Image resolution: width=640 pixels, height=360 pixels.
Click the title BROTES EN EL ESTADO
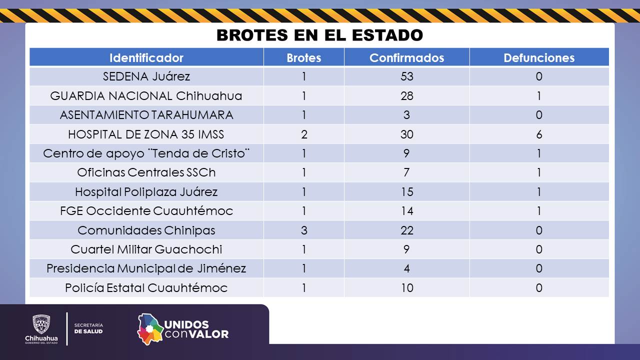(x=319, y=35)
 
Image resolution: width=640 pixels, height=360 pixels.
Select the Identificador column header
(x=146, y=57)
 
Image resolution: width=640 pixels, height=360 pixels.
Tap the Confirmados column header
(x=406, y=57)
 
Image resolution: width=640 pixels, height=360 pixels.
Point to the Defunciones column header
(x=539, y=57)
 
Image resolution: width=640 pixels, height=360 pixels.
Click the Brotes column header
(x=303, y=57)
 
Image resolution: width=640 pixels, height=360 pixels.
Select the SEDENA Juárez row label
(x=146, y=76)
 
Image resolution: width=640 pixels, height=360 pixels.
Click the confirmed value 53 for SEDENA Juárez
(x=406, y=76)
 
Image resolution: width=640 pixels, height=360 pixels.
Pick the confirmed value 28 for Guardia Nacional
(x=406, y=96)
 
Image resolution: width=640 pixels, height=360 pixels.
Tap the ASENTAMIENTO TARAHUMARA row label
(x=146, y=115)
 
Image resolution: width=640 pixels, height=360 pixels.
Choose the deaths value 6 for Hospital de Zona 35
(x=539, y=134)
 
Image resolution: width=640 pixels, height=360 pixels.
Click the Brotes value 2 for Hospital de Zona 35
(x=304, y=134)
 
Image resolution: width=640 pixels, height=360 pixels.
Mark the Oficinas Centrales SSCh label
(x=146, y=172)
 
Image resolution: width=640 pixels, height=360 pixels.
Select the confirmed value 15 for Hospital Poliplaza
(x=406, y=192)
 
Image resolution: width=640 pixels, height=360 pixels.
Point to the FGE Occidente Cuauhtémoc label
(x=146, y=211)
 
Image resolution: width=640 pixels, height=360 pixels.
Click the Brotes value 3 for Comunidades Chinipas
(x=304, y=230)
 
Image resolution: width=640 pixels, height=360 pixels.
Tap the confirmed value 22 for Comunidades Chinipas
(x=406, y=230)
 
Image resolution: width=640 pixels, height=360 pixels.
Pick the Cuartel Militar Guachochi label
(x=146, y=249)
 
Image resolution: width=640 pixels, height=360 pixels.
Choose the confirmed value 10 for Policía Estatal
(x=406, y=288)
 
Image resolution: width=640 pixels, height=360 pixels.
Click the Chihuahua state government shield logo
(x=41, y=324)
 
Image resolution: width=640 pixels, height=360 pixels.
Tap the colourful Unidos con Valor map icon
(x=150, y=329)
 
